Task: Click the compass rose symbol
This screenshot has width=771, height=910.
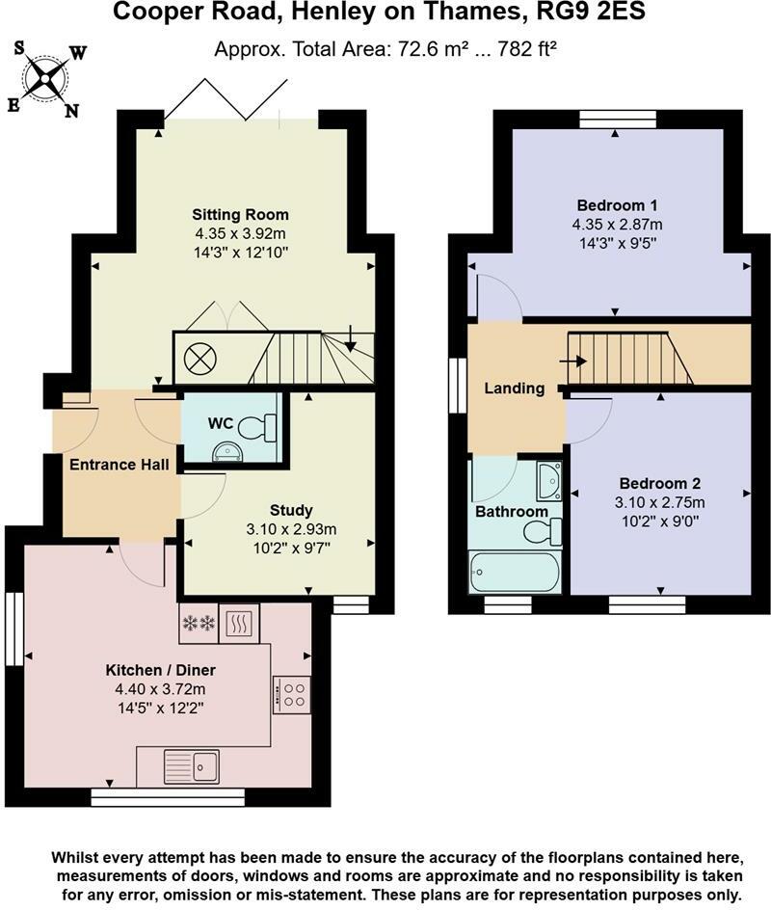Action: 44,78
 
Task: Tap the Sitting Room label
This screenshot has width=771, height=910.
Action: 240,215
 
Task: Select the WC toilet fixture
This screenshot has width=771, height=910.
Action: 258,428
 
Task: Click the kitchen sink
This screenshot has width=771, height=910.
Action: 192,766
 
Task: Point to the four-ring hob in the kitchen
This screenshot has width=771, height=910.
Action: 291,695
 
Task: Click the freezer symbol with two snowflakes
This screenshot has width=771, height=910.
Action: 199,624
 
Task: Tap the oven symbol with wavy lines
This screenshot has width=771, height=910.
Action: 239,624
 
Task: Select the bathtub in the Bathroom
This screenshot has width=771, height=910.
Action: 516,573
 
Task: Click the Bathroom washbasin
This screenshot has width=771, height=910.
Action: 548,481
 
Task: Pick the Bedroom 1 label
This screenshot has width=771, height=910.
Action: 617,205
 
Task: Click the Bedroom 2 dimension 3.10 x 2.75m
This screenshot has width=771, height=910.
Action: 659,502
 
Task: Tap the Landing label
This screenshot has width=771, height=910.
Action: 515,388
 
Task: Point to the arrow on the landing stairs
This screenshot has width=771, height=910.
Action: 573,361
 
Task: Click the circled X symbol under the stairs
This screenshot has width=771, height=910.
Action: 200,358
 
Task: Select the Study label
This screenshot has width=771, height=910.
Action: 291,510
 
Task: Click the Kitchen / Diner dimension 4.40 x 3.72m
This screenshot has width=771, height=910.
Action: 160,689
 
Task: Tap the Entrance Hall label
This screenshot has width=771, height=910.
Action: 120,465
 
